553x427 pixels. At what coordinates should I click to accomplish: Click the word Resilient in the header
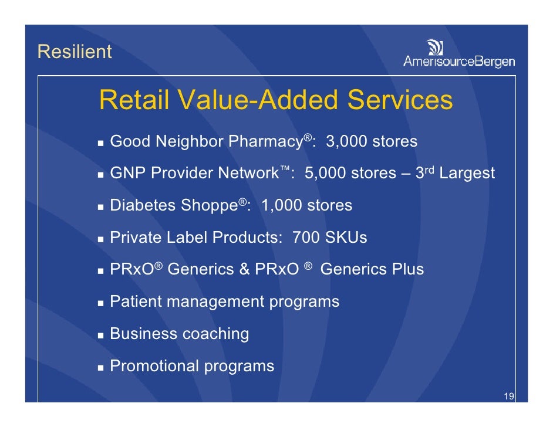[74, 52]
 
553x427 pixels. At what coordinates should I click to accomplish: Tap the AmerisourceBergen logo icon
[435, 47]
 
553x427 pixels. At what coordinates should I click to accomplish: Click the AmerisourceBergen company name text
[458, 61]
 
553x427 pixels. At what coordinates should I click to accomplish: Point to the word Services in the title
[400, 100]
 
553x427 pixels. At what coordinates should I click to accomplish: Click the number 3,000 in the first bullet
[347, 142]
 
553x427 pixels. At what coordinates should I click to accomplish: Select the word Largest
[467, 174]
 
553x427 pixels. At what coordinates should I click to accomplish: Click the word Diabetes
[143, 206]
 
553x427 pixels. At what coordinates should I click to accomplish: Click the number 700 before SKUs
[305, 238]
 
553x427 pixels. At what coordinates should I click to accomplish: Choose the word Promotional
[154, 366]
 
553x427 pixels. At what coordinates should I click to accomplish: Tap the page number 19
[509, 397]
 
